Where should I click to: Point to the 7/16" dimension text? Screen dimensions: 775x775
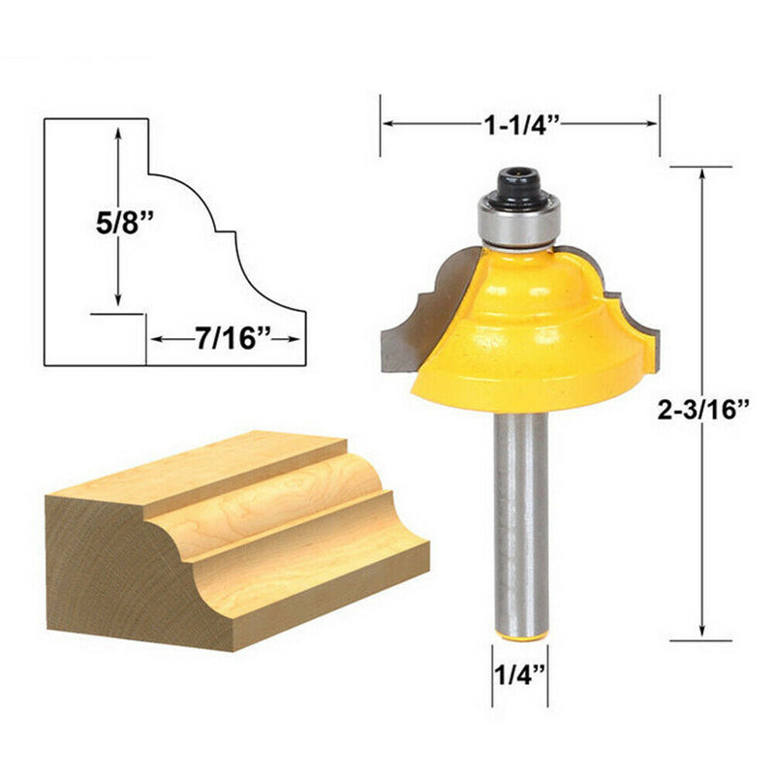tap(227, 340)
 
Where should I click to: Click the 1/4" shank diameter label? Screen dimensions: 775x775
tap(515, 674)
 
